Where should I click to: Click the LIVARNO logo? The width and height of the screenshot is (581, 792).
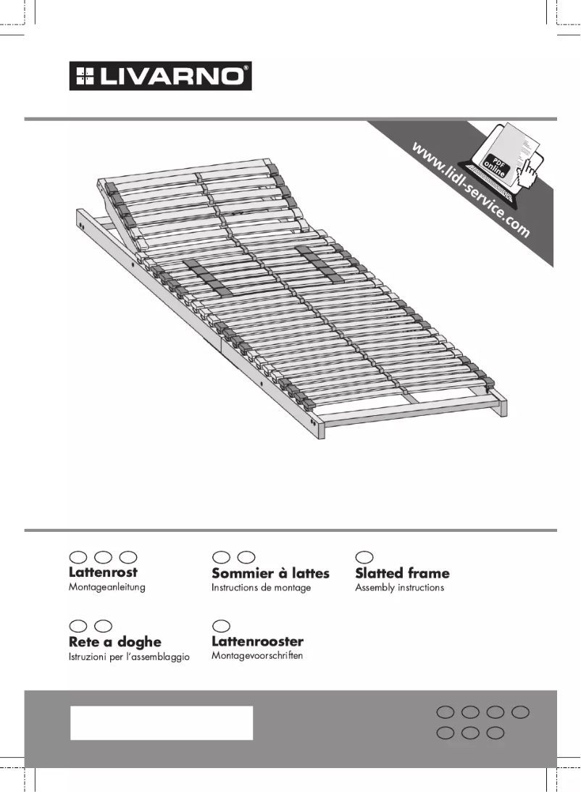[160, 76]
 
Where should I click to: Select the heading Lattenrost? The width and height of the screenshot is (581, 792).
[103, 572]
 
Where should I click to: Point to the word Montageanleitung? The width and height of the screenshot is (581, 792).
[106, 587]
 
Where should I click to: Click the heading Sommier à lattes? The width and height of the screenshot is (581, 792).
[270, 573]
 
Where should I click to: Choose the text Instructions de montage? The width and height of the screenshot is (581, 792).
[261, 588]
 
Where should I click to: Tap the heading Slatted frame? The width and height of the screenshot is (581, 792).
[402, 573]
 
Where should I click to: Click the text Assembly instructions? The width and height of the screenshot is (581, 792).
[399, 588]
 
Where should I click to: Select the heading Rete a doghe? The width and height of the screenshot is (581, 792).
[114, 642]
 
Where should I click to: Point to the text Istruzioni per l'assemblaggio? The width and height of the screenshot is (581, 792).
[129, 657]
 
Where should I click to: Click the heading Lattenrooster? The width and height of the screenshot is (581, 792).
[257, 641]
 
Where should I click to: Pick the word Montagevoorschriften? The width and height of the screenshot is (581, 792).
[256, 656]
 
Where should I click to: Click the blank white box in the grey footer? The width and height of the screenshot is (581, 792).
[161, 722]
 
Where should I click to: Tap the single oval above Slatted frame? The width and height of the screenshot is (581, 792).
[365, 556]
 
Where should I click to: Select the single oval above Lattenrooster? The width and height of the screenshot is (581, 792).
[221, 625]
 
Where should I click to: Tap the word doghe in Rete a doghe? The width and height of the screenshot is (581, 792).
[139, 642]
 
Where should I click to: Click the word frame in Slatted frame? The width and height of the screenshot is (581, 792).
[428, 573]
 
